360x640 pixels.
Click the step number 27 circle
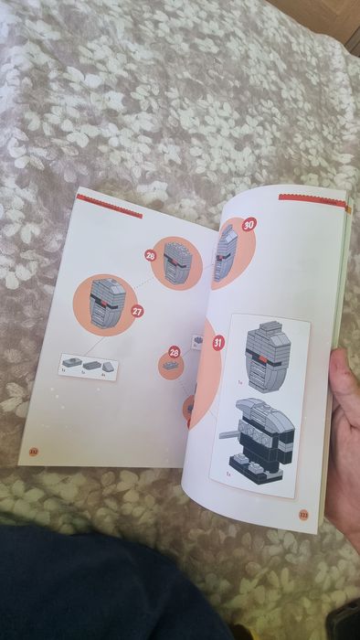137,312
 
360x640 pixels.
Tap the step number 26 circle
151,257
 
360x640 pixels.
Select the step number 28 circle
174,351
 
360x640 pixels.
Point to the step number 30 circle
249,224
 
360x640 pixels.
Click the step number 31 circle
218,343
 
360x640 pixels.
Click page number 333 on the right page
304,514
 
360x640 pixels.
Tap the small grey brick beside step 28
170,367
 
